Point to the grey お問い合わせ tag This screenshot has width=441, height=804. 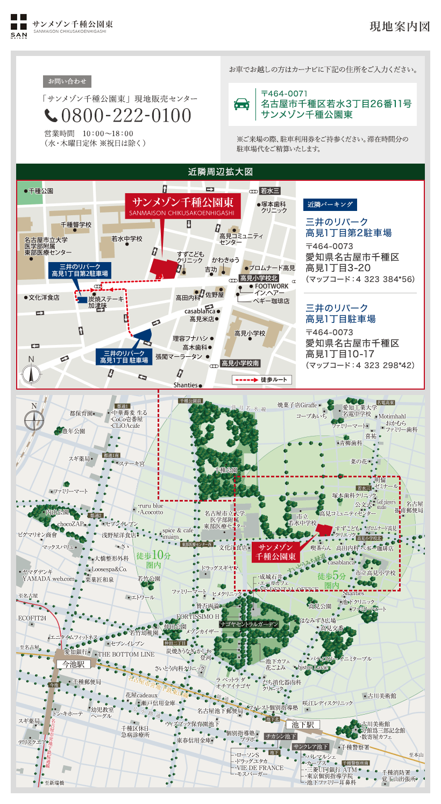pyautogui.click(x=67, y=82)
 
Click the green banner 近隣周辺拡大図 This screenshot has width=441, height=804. pyautogui.click(x=220, y=172)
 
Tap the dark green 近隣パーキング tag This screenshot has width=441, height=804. pyautogui.click(x=331, y=204)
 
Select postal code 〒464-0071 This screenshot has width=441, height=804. pyautogui.click(x=284, y=94)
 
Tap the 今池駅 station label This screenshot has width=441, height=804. pyautogui.click(x=72, y=665)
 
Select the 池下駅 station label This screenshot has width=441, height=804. pyautogui.click(x=306, y=724)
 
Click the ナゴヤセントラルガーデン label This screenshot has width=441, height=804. pyautogui.click(x=250, y=624)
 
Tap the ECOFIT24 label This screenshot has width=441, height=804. pyautogui.click(x=32, y=618)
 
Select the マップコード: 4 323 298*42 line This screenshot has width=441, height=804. pyautogui.click(x=360, y=365)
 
